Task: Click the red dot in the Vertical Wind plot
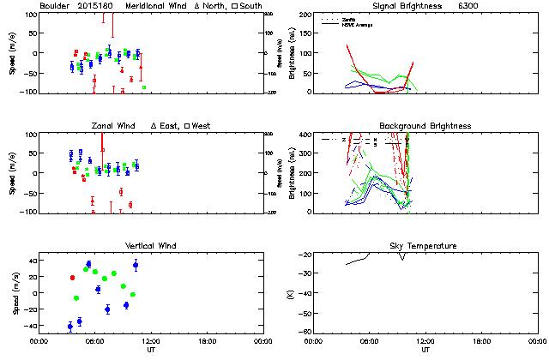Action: coord(72,278)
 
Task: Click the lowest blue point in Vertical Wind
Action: coord(70,327)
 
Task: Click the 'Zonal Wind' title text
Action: coord(113,126)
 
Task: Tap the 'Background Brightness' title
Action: coord(425,126)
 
